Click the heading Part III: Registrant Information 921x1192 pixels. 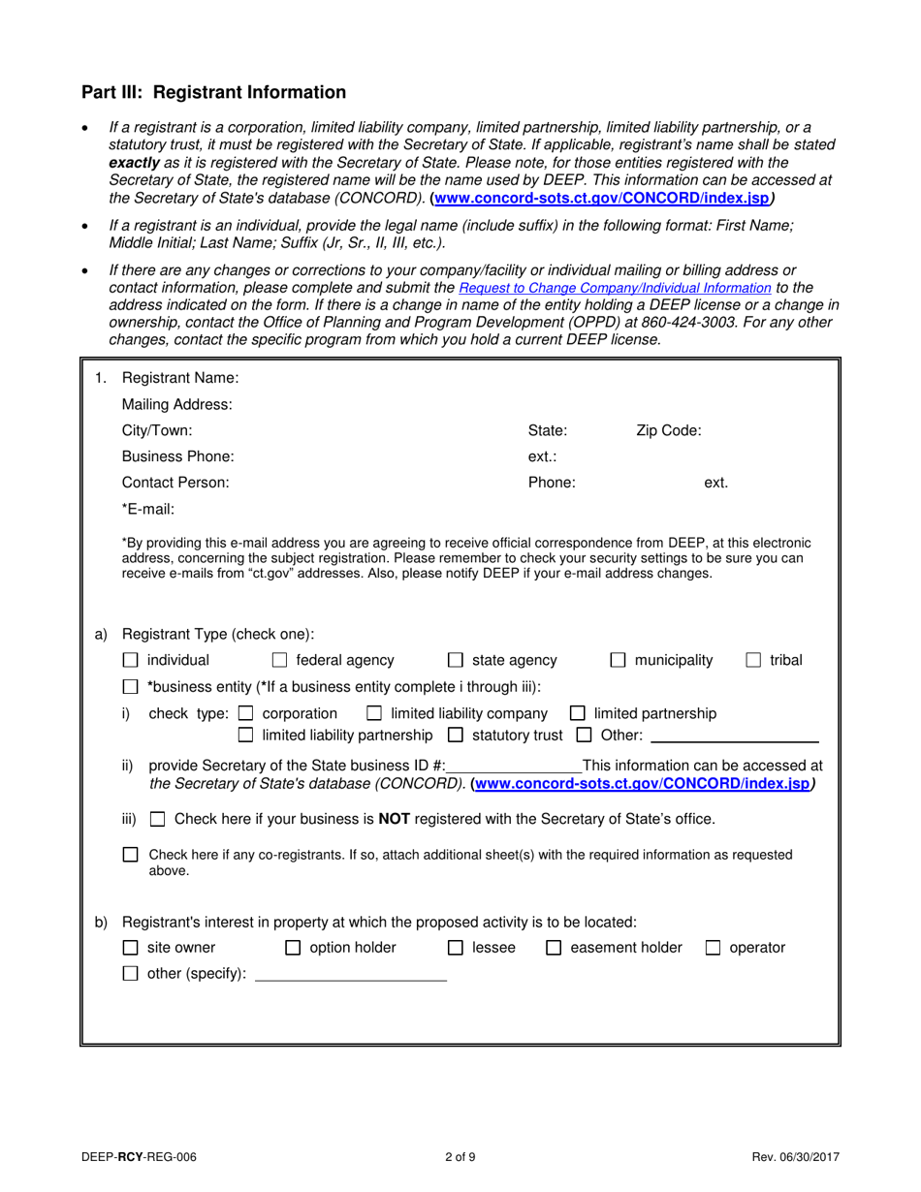tap(213, 93)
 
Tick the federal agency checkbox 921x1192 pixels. tap(279, 661)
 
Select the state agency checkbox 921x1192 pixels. tap(456, 661)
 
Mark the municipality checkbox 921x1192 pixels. tap(618, 661)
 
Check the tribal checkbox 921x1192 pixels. tap(753, 661)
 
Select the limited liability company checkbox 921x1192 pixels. tap(374, 714)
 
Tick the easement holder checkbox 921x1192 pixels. tap(554, 948)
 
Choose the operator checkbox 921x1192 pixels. tap(713, 948)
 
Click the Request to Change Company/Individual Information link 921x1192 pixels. tap(615, 288)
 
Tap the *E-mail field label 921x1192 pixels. tap(147, 509)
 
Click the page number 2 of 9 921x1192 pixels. tap(460, 1155)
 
